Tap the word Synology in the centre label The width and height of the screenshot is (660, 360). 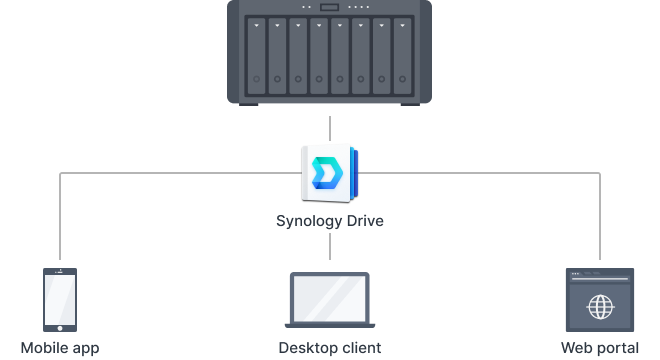pyautogui.click(x=309, y=220)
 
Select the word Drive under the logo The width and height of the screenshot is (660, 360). pyautogui.click(x=363, y=220)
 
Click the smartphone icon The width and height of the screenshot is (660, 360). pyautogui.click(x=60, y=299)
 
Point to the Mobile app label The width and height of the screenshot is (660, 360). pyautogui.click(x=60, y=348)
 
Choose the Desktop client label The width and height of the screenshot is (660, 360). pyautogui.click(x=330, y=348)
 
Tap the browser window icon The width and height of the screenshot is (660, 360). pyautogui.click(x=600, y=299)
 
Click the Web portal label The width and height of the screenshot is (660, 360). pyautogui.click(x=600, y=348)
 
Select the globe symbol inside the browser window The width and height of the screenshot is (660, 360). pyautogui.click(x=600, y=306)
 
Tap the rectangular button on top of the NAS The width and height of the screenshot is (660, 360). pyautogui.click(x=330, y=8)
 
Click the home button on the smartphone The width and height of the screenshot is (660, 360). pyautogui.click(x=60, y=325)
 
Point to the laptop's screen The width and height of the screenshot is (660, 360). pyautogui.click(x=330, y=295)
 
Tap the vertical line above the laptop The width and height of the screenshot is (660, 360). pyautogui.click(x=330, y=248)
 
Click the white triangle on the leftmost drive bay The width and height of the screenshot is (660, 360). pyautogui.click(x=256, y=25)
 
